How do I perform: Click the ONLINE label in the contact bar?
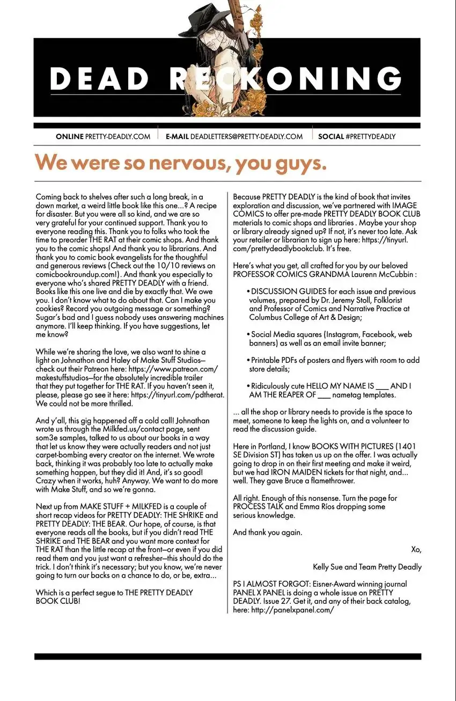pos(70,137)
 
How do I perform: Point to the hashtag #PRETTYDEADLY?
pos(371,137)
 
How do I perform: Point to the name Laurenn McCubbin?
pos(384,274)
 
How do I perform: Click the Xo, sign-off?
pos(416,550)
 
